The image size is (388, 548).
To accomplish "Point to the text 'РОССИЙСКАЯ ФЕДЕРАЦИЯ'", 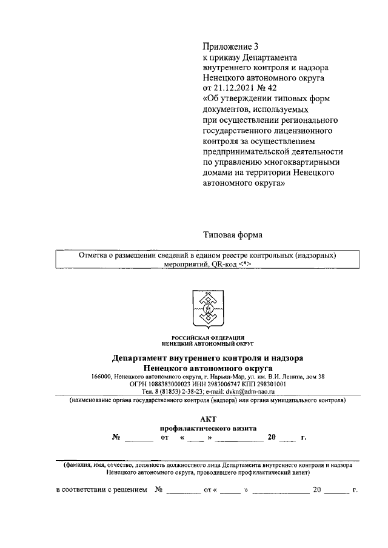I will (208, 337).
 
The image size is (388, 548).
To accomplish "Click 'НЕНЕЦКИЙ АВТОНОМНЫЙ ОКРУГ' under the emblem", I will (208, 343).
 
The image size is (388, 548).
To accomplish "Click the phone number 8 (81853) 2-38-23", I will (177, 392).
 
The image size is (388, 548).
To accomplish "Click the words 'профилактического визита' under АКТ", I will (208, 428).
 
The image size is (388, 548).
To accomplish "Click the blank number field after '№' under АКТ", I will (139, 437).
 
